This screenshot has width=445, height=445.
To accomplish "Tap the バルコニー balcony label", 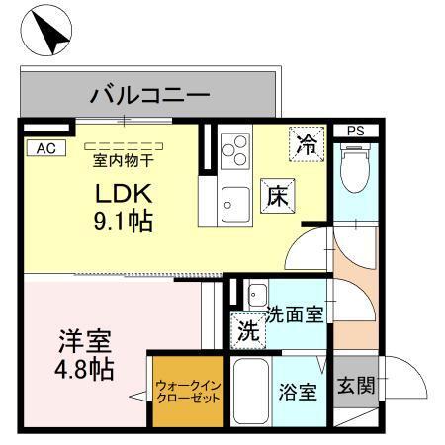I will [x=149, y=96].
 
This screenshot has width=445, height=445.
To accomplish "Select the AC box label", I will [x=44, y=148].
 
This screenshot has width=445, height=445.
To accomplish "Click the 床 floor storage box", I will [x=276, y=196].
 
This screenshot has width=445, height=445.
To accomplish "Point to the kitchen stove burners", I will [x=237, y=153].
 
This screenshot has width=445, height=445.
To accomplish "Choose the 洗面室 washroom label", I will [x=295, y=315].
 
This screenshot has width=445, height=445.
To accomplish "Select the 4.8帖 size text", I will [x=82, y=371].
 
